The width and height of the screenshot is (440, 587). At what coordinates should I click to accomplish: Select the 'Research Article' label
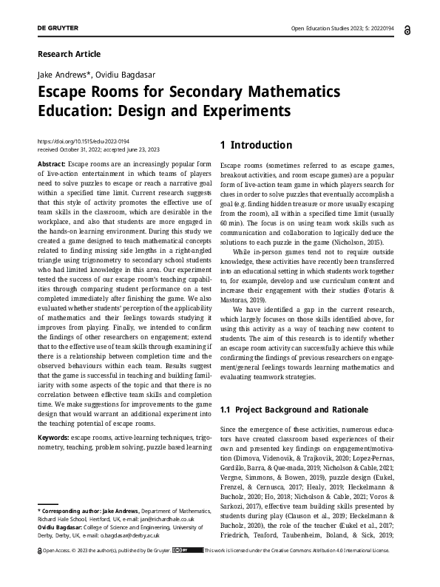(x=68, y=54)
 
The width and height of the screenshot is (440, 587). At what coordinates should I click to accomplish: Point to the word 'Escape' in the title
(x=69, y=92)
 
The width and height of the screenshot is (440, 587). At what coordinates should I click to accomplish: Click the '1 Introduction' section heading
(x=256, y=145)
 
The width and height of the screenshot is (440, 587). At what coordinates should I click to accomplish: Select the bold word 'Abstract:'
(x=51, y=163)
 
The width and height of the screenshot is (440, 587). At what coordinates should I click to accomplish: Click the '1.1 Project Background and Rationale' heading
(x=292, y=410)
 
